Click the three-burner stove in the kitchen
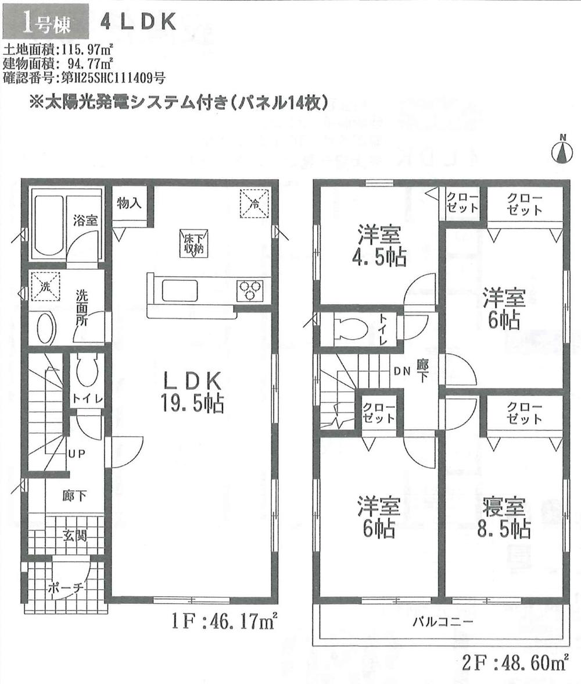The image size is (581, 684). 250,290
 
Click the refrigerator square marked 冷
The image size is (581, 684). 254,203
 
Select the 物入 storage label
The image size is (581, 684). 129,203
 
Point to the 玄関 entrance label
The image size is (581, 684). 75,535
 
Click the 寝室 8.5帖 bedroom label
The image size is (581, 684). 504,517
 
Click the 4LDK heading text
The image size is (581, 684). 138,21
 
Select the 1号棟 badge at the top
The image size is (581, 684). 46,21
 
